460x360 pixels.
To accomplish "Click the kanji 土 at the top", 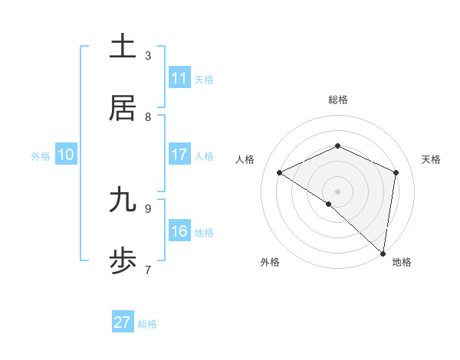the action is (123, 47).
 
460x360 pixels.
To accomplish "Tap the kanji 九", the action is (123, 200).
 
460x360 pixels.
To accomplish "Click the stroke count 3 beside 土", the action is (148, 55).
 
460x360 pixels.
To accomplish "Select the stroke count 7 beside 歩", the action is (148, 270).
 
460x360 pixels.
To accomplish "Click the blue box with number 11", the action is (179, 78).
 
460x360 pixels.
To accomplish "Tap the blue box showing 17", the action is (179, 155).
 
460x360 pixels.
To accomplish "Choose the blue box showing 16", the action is (179, 231).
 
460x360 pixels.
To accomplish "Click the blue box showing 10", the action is (66, 155).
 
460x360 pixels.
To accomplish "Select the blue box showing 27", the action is (123, 322).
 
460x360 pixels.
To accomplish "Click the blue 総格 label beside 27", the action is (147, 324).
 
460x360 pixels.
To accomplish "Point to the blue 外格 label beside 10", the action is (41, 156).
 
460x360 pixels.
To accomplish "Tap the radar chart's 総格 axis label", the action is (337, 100).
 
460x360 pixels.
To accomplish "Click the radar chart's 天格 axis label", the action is (431, 159).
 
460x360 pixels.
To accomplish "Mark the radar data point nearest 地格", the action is (383, 254).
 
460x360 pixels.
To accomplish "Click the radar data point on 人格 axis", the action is (280, 173).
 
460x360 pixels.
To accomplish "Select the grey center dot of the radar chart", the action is (337, 191).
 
